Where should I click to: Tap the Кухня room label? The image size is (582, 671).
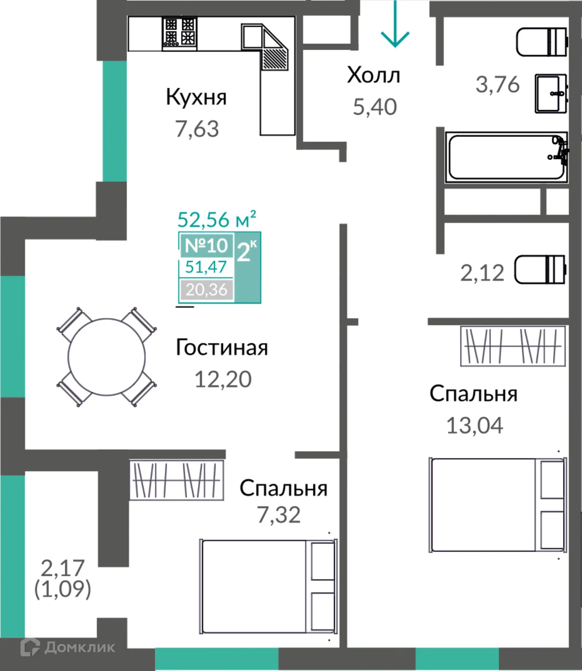[x=196, y=97]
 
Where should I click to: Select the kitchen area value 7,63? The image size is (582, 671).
[x=197, y=129]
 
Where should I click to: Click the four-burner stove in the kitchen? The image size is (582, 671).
[x=180, y=33]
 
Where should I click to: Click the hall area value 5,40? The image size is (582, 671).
[x=375, y=107]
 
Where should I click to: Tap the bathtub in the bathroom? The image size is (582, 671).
[x=506, y=157]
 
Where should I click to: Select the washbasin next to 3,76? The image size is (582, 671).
[x=551, y=93]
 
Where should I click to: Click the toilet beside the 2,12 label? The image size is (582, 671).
[x=540, y=270]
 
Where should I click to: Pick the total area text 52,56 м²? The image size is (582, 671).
[x=216, y=219]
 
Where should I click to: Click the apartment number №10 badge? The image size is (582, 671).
[x=206, y=245]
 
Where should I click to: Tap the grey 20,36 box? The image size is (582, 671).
[x=206, y=289]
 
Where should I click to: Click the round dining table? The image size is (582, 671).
[x=107, y=357]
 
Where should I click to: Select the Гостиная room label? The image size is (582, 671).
[x=221, y=348]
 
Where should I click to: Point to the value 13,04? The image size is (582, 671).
[x=475, y=426]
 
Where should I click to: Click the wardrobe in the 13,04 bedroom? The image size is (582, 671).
[x=513, y=346]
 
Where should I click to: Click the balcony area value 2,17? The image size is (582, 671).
[x=63, y=568]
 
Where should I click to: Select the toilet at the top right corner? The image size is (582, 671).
[x=541, y=42]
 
